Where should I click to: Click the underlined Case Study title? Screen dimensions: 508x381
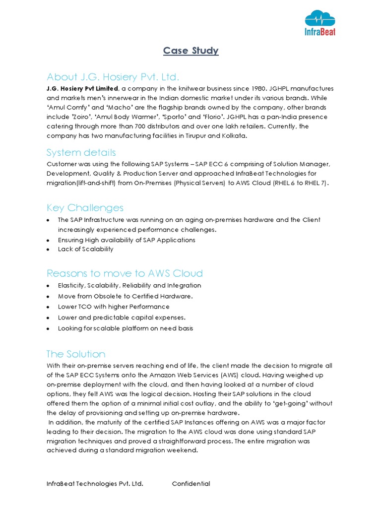point(191,51)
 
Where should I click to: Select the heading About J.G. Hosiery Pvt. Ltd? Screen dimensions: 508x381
point(113,77)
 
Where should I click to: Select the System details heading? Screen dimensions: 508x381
point(81,152)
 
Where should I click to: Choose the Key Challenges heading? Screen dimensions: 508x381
point(85,207)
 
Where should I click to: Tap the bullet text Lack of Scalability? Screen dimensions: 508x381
point(85,249)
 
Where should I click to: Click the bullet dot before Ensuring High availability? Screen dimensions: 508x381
point(48,240)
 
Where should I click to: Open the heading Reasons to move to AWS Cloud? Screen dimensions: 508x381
point(125,273)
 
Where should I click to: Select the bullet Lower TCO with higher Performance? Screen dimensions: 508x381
point(114,307)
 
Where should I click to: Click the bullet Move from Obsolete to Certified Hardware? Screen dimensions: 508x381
point(125,296)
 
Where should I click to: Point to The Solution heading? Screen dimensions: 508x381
point(76,354)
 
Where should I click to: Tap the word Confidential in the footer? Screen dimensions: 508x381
point(191,484)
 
